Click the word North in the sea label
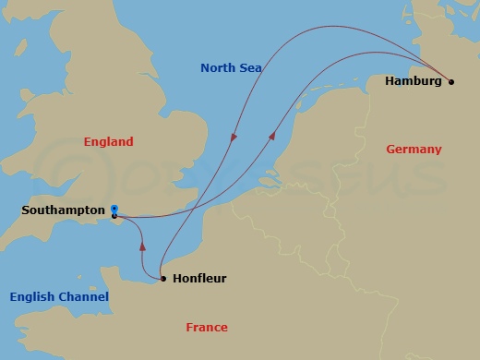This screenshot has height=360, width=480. point(220,68)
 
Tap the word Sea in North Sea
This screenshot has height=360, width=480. point(250,68)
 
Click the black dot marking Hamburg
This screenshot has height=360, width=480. point(451,82)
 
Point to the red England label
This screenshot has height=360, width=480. point(108,142)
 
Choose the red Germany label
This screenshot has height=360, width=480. point(414,150)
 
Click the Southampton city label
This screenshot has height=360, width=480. point(63,210)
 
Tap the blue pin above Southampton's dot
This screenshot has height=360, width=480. point(114,209)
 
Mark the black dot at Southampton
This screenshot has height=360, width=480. point(114,216)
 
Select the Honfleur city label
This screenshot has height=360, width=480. point(199,278)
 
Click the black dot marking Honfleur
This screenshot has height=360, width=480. point(162,278)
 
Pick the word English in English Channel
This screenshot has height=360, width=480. point(34,297)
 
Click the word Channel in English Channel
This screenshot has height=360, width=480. point(85,297)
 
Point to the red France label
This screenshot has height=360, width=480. point(207,328)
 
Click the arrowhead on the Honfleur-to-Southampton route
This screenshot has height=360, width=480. point(142,246)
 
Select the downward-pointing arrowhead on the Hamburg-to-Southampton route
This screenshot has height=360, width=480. point(234,137)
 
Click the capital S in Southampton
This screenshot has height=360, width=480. point(25,210)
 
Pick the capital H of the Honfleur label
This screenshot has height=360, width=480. point(177,278)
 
